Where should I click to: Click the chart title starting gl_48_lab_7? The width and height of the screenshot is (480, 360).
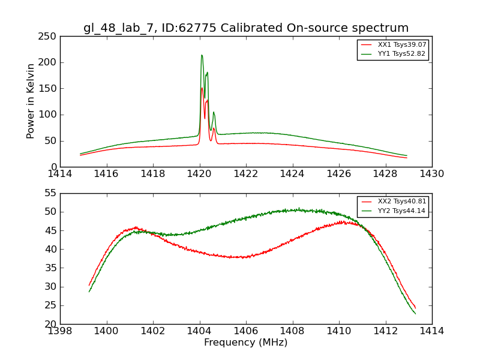tap(246, 28)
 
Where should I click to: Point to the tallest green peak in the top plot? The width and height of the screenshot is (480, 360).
tap(202, 55)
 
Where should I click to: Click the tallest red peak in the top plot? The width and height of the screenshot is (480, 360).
tap(202, 88)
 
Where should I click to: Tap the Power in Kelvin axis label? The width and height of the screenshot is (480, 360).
tap(31, 101)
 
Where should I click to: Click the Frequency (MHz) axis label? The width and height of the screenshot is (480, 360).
tap(246, 343)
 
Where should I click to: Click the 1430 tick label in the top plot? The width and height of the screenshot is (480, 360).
tap(432, 173)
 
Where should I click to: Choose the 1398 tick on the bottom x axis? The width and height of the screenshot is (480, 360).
tap(60, 331)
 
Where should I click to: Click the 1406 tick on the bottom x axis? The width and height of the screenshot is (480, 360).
tap(246, 331)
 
